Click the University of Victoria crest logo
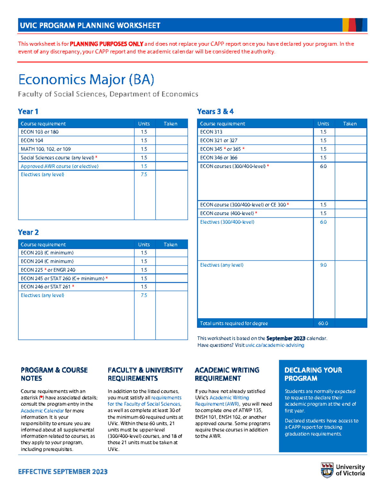327,470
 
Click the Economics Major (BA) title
86,80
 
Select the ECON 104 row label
32,140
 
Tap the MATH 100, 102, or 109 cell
46,149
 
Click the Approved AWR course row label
60,166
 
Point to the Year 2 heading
28,232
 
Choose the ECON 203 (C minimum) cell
47,253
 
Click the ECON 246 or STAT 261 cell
46,287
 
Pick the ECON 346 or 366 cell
219,157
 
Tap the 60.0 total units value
323,323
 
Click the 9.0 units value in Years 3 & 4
323,265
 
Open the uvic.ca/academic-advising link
275,345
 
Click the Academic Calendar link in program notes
42,410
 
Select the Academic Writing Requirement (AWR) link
222,401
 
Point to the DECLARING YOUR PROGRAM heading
313,374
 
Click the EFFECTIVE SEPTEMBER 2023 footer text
63,471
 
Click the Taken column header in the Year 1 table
170,124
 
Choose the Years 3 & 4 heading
215,112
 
